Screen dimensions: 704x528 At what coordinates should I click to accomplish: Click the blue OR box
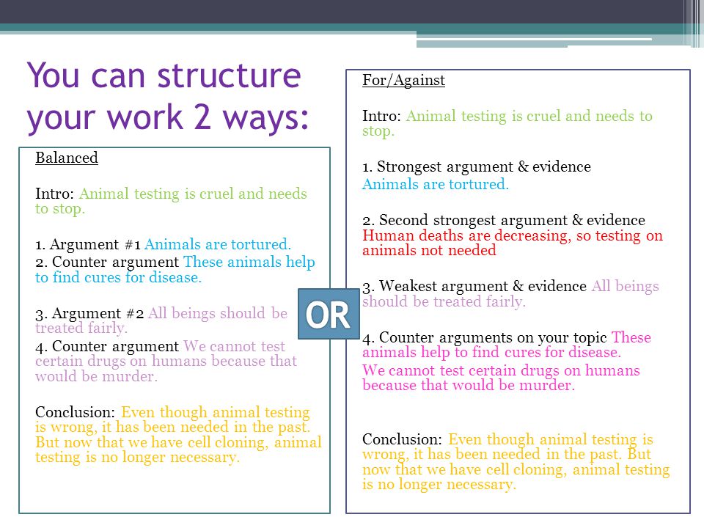pyautogui.click(x=329, y=314)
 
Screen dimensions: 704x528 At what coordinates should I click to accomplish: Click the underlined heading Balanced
pyautogui.click(x=67, y=158)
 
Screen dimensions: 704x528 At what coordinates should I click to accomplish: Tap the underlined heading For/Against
pyautogui.click(x=403, y=81)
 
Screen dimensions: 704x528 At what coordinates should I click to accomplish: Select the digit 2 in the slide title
pyautogui.click(x=202, y=117)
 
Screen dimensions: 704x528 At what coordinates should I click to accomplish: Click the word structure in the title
pyautogui.click(x=229, y=76)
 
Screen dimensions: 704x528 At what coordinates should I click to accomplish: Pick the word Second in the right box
pyautogui.click(x=403, y=220)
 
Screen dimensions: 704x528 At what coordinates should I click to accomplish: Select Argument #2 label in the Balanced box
pyautogui.click(x=98, y=313)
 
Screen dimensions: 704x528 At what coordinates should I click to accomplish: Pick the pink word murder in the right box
pyautogui.click(x=547, y=385)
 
